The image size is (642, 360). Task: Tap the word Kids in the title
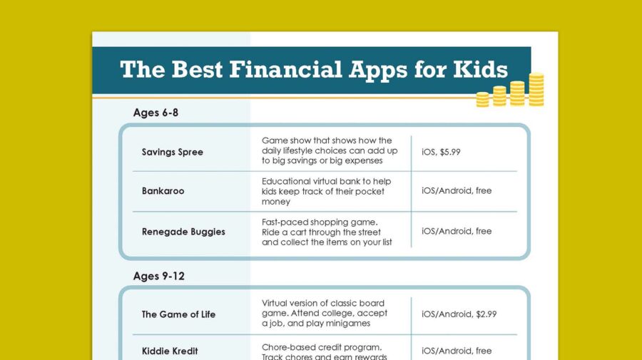[x=480, y=70]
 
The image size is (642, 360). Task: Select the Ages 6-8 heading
[x=156, y=113]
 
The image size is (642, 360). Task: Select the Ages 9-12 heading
[x=159, y=276]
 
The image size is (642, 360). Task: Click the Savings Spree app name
[x=172, y=152]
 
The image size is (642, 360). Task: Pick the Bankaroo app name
[x=163, y=191]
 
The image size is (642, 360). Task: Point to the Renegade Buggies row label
[x=183, y=232]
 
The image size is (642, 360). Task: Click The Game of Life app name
[x=178, y=314]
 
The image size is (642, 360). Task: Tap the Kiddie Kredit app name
[x=170, y=351]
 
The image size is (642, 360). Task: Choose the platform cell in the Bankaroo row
[x=457, y=191]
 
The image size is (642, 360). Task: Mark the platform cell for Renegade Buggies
[x=457, y=231]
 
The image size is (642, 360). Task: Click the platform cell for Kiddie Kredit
[x=457, y=351]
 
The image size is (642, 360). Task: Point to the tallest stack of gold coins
[x=536, y=90]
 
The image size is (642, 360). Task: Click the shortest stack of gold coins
[x=483, y=100]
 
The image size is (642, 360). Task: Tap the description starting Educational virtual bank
[x=326, y=191]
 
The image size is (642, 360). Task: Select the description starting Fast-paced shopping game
[x=327, y=232]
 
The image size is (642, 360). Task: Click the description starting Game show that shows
[x=330, y=151]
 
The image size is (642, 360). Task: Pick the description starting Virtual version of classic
[x=325, y=313]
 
